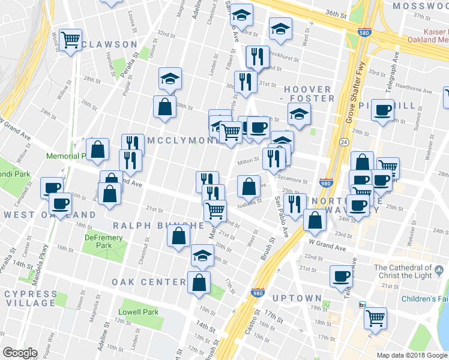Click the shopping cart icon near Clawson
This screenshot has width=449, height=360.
[x=71, y=40]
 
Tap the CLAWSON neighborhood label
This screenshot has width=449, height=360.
[x=110, y=44]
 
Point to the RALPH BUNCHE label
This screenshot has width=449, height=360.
[x=158, y=226]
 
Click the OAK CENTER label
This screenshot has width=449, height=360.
[x=148, y=282]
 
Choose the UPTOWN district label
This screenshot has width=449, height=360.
[x=297, y=298]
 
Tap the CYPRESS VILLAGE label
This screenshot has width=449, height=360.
[x=29, y=298]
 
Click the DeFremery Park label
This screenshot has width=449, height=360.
[x=98, y=242]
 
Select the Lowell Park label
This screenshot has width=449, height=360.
[x=138, y=312]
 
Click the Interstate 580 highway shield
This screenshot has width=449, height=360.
[x=363, y=34]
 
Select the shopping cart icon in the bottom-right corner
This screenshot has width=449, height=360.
[x=376, y=318]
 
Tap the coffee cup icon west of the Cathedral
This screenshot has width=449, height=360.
[x=342, y=276]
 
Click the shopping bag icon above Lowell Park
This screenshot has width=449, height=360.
[x=199, y=281]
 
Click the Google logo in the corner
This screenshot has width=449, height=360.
[x=20, y=353]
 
